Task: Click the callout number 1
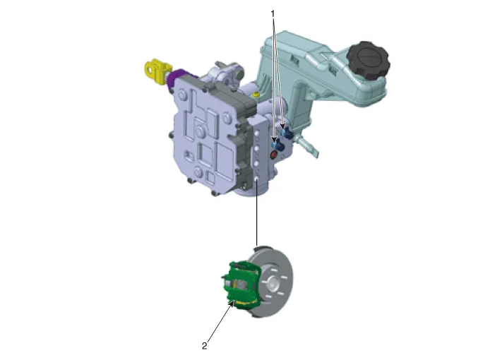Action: pyautogui.click(x=273, y=14)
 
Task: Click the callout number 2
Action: pyautogui.click(x=205, y=346)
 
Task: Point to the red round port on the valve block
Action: pyautogui.click(x=274, y=155)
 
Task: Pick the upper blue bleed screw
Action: pyautogui.click(x=287, y=133)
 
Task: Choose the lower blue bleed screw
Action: pyautogui.click(x=278, y=145)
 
